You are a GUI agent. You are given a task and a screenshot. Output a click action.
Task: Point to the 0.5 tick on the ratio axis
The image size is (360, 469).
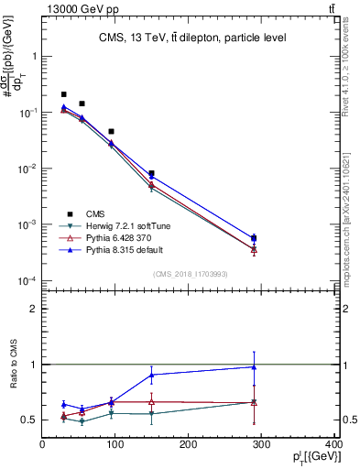click(x=29, y=420)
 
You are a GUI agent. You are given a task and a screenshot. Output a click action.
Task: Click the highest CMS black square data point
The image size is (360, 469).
click(x=63, y=94)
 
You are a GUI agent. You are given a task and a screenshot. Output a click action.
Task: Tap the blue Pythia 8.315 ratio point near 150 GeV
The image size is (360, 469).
click(x=152, y=375)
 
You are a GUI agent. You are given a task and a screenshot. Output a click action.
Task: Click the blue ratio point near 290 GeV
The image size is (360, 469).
click(x=254, y=367)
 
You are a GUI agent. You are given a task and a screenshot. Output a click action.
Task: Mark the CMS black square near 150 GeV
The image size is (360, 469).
click(x=152, y=173)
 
